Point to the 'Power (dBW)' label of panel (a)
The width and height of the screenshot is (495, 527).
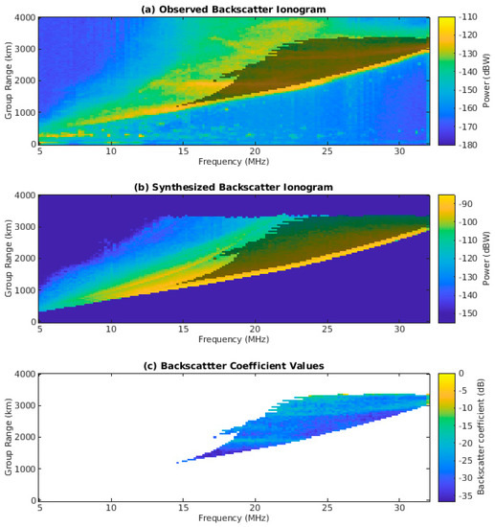click(x=485, y=80)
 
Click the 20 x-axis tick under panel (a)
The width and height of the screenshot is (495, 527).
click(x=255, y=151)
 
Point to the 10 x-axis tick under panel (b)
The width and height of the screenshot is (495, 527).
click(x=111, y=330)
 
